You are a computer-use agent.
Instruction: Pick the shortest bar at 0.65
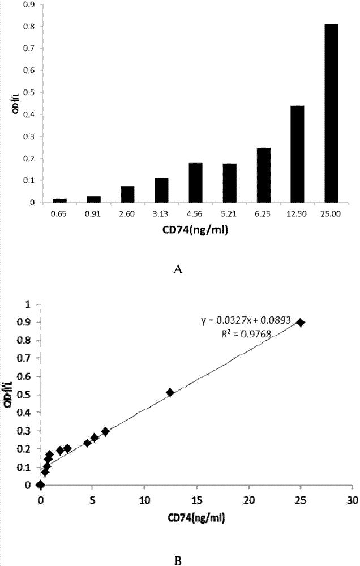59,200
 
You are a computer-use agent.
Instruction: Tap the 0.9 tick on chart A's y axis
26,5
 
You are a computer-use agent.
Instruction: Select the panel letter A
179,270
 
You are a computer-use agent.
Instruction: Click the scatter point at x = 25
301,323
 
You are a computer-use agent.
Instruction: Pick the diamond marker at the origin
40,484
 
